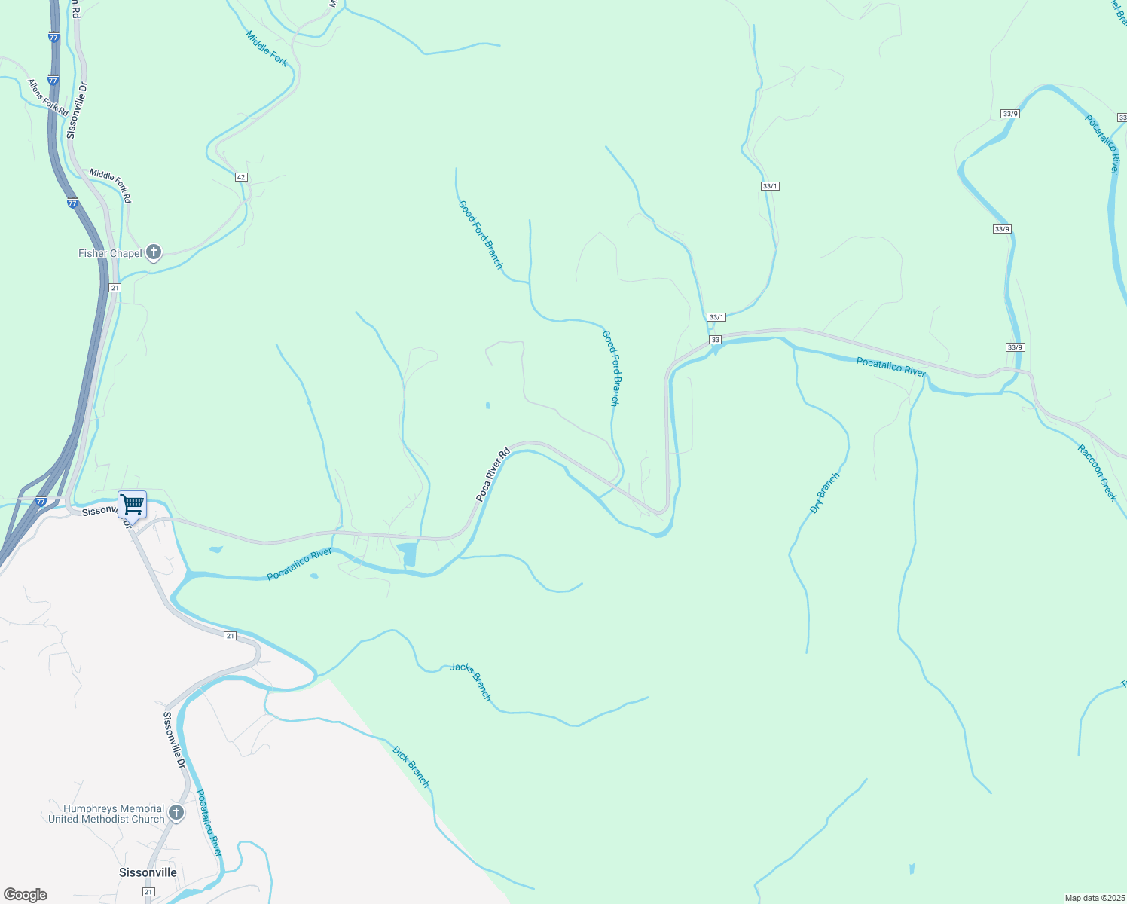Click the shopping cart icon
pos(133,503)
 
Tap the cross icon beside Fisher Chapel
pos(154,252)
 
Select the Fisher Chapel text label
pos(110,253)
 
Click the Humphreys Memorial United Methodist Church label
pos(106,814)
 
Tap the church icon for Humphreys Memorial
pos(176,813)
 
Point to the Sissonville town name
pos(148,872)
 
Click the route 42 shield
pos(240,177)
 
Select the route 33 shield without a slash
pos(715,340)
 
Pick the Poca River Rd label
pos(493,475)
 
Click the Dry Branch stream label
pos(824,493)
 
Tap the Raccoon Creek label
pos(1097,473)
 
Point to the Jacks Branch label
pos(471,681)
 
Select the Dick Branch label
pos(411,767)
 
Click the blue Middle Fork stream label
pos(267,48)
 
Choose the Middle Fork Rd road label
pos(110,185)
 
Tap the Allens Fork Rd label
pos(48,97)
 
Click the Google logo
pos(26,895)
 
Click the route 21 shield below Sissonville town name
pos(148,892)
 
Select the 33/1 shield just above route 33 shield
pos(716,317)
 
